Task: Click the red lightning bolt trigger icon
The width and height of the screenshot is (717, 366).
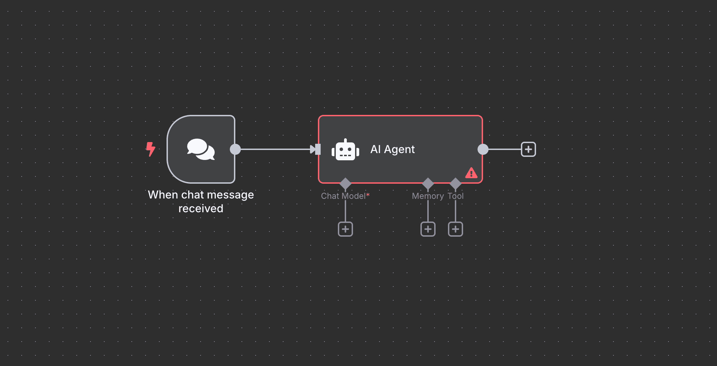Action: (150, 149)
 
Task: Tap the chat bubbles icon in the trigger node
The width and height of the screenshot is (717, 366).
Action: (201, 149)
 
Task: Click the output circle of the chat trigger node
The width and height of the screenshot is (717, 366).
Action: (235, 149)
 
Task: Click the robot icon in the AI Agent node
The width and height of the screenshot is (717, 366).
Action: (345, 150)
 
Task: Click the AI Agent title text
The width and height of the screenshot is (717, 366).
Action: (393, 149)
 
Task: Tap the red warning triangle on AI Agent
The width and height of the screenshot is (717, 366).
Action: (471, 173)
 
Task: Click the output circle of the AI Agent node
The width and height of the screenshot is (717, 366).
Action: (483, 149)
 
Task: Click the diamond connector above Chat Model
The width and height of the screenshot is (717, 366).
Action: (345, 183)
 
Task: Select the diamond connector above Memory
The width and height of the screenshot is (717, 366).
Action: (428, 183)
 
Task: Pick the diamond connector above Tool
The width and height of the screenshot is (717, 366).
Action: (456, 183)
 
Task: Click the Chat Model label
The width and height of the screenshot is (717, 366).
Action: (343, 196)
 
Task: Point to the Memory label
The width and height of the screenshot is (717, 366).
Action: (428, 196)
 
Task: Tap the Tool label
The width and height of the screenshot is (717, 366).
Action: (456, 196)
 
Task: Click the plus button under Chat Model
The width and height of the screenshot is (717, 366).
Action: (345, 229)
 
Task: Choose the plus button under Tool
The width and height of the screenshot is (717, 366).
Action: (456, 229)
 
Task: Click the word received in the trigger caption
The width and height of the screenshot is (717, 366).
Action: (201, 208)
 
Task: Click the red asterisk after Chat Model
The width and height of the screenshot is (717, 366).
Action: (368, 195)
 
